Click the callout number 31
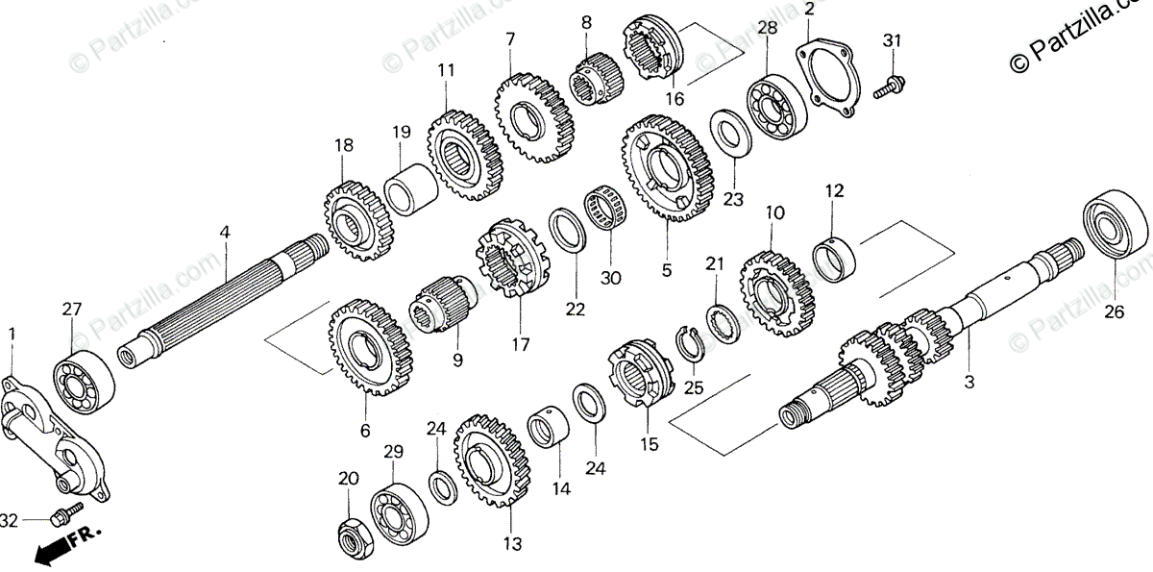(893, 40)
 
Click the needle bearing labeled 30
(605, 219)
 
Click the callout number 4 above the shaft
(224, 233)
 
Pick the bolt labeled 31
(889, 86)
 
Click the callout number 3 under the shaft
(969, 382)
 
